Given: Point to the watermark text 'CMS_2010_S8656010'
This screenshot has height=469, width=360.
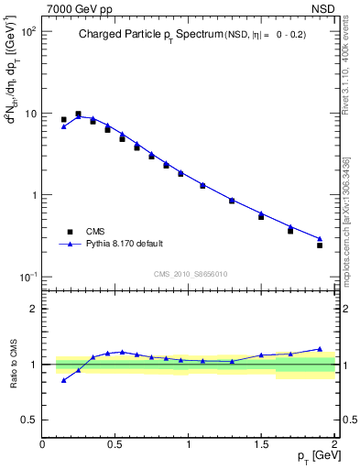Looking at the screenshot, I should [x=191, y=274].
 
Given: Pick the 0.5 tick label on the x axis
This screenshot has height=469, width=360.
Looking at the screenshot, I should [x=115, y=444].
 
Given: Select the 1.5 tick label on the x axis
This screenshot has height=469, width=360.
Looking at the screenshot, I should [x=262, y=444].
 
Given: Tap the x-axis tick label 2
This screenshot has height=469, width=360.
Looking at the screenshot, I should [x=334, y=444].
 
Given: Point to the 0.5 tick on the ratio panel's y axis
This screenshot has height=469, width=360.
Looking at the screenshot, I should [x=31, y=420].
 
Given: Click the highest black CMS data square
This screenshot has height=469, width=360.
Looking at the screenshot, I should [x=78, y=115].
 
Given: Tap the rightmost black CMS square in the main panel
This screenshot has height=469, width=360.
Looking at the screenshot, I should [x=320, y=245].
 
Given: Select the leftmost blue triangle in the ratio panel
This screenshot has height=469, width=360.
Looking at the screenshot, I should [x=63, y=380].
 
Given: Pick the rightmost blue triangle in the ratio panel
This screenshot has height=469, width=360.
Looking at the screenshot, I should [x=320, y=349].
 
